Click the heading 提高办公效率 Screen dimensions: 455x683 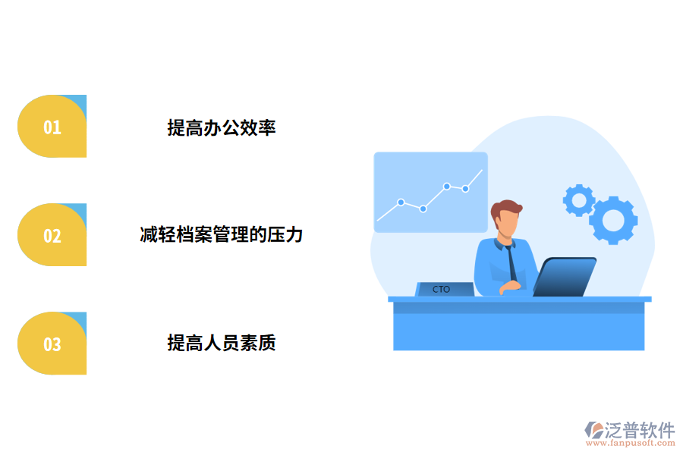[221, 127]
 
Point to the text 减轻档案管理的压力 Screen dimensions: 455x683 [221, 235]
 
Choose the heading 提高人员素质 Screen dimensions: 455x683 [221, 344]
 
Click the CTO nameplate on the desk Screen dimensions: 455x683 [444, 289]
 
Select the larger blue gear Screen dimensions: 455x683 [613, 220]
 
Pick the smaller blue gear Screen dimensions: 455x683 [579, 200]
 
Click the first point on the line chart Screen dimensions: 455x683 [401, 202]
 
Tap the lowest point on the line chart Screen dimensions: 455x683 [423, 209]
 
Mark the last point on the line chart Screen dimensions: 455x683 [466, 188]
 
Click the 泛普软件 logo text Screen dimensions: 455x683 [639, 430]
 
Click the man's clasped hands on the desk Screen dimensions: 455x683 [510, 287]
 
